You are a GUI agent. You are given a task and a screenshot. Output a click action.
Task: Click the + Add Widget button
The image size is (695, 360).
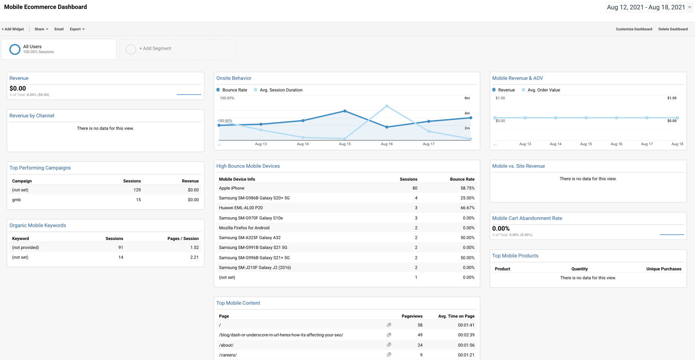pos(13,29)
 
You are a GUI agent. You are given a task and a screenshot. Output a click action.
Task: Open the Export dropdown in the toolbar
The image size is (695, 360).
pos(77,29)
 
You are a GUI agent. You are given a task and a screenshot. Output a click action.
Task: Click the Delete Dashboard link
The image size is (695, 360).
pos(673,29)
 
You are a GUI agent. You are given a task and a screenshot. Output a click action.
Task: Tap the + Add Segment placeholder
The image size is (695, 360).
pos(155,48)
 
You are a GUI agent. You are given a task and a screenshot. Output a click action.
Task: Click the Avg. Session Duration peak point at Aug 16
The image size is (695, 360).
pos(387,106)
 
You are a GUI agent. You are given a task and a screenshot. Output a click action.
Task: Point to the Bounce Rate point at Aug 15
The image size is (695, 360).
pos(345,111)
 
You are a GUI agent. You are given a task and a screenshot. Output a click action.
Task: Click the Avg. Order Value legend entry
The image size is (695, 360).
pos(543,90)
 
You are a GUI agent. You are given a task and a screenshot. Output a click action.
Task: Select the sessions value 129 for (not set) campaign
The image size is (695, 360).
pos(137,190)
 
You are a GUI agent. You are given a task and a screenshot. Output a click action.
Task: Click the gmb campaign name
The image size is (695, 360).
pos(17,200)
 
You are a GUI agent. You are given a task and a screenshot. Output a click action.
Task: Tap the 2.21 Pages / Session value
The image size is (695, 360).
pos(194,257)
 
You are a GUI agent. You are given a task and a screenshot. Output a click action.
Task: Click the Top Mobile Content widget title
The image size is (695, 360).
pos(238,303)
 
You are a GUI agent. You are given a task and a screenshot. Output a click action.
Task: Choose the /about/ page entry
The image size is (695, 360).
pos(226,345)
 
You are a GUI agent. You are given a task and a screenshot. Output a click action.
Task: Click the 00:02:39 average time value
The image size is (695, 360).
pos(466,335)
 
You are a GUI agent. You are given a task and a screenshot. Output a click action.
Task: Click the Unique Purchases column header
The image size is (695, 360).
pos(663,269)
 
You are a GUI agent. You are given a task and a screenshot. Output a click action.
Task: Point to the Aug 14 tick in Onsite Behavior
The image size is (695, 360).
pos(303,144)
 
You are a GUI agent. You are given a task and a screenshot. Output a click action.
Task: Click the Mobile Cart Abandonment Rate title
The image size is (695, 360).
pos(527,218)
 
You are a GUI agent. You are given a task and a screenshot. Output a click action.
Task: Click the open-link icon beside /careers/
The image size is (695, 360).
pos(389,354)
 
